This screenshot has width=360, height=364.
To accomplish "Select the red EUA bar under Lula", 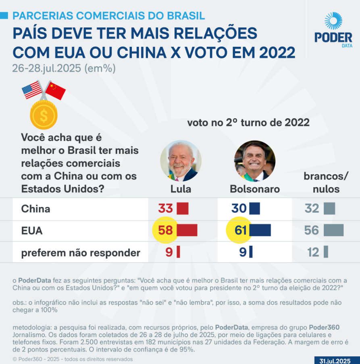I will click(x=187, y=230).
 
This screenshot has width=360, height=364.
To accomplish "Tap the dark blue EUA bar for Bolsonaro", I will click(x=260, y=230).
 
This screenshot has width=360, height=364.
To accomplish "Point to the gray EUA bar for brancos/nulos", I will click(x=333, y=230).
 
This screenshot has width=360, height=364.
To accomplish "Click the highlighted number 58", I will click(x=165, y=230).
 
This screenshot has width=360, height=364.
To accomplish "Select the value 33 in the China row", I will click(x=165, y=209).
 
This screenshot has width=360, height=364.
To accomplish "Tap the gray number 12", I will click(x=313, y=253).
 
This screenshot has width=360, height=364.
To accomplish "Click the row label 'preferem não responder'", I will click(x=81, y=253).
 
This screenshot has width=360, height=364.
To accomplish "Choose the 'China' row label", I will click(x=35, y=209).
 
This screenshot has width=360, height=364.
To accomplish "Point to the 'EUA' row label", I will click(x=32, y=231).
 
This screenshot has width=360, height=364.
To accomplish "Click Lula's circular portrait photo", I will click(x=181, y=161).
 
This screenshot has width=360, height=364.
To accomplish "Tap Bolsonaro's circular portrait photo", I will click(x=254, y=161).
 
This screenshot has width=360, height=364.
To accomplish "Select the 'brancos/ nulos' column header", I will click(x=327, y=182).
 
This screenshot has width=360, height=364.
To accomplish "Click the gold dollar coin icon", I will click(x=44, y=115).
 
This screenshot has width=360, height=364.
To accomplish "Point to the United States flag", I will click(x=32, y=90).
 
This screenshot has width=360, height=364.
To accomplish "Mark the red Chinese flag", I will click(x=55, y=90).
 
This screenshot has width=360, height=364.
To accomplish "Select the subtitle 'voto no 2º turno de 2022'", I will click(x=248, y=123).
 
